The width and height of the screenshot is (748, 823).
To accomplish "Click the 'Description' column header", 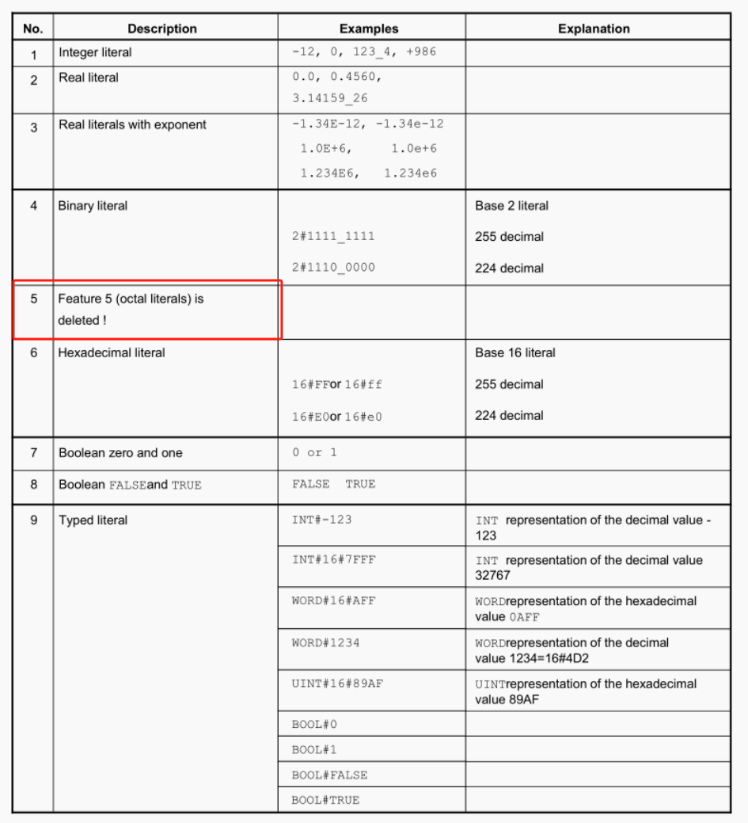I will [x=162, y=29].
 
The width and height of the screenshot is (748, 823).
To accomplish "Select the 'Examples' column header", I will [x=369, y=29].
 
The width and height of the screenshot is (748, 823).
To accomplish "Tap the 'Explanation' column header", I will [x=594, y=29].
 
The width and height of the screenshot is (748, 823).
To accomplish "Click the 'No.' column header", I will [x=32, y=29].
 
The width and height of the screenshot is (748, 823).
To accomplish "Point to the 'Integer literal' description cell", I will [x=95, y=52].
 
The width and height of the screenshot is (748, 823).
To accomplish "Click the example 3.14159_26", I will [x=329, y=99].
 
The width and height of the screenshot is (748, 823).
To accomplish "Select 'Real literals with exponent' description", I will [x=132, y=125].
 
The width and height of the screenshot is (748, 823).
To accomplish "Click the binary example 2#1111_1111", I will [x=333, y=236].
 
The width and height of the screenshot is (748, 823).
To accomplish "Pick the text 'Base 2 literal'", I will [x=511, y=206].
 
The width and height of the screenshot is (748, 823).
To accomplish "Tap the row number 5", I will [x=33, y=299].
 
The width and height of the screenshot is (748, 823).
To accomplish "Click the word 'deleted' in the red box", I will [x=78, y=321].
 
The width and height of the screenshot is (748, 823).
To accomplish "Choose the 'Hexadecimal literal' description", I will [x=112, y=352].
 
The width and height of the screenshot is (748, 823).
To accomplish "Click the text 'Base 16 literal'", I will [x=514, y=352].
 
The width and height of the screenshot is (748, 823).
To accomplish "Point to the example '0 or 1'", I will [x=314, y=452].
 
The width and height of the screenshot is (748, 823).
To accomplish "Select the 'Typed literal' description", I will [x=93, y=520].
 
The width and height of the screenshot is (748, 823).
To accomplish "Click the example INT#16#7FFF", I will [x=333, y=560].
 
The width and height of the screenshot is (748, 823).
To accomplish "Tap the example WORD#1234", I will [x=325, y=642].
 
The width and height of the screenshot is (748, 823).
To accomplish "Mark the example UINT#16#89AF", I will [x=336, y=684].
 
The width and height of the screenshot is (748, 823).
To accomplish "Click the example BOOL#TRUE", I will [x=325, y=799].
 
